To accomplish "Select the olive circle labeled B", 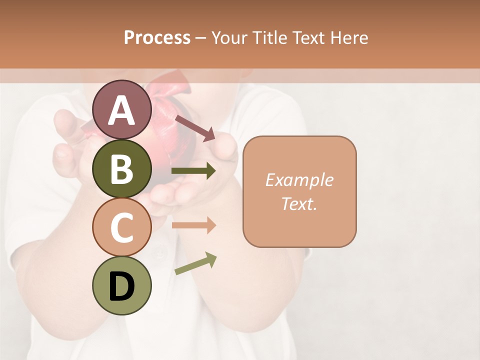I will coord(122,168).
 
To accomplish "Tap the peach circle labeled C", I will coord(122,227).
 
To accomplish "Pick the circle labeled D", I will coord(122,285).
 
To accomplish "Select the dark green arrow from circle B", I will coord(194,171).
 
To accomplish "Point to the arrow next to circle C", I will coord(194,225).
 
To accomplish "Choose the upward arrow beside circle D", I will coord(195,264).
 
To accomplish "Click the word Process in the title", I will coord(157,37).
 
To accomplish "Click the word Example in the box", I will coord(299,180).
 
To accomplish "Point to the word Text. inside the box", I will coord(299,203).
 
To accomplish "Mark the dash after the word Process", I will coord(201,38).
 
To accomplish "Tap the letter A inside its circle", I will coord(122,110).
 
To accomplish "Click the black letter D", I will coord(122,286).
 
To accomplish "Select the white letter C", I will coord(122,228).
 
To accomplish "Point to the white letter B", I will coord(122,169).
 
